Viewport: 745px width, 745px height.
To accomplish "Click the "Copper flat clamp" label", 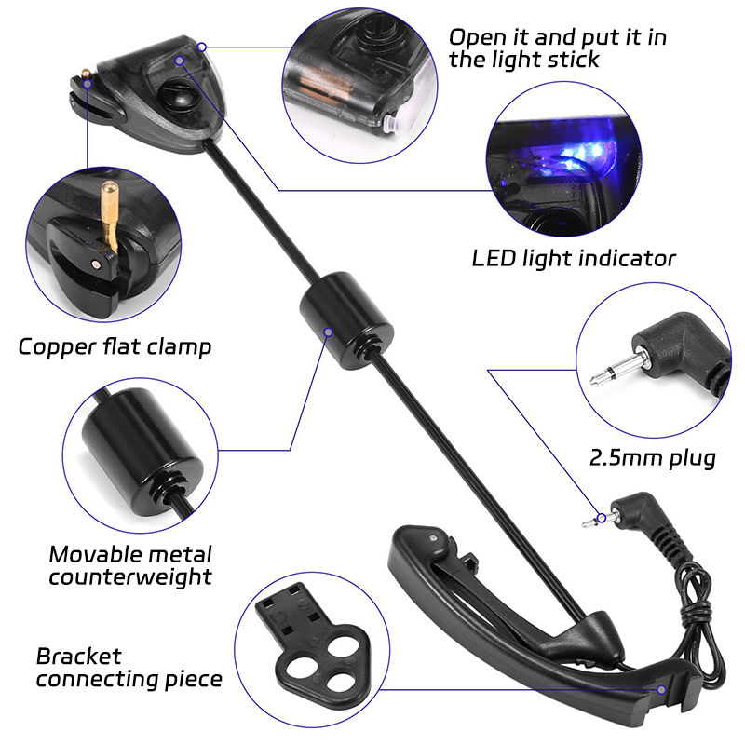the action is [115, 347].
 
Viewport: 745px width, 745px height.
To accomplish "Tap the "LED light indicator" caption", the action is [574, 258].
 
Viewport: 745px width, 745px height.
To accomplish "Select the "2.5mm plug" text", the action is [652, 458].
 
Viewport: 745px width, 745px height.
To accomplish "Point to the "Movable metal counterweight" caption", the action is [129, 564].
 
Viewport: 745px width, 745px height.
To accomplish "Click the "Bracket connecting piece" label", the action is [129, 667].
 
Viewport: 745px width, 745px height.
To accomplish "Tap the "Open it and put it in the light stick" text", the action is [557, 47].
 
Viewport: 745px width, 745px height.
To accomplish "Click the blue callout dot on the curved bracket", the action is [661, 689].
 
